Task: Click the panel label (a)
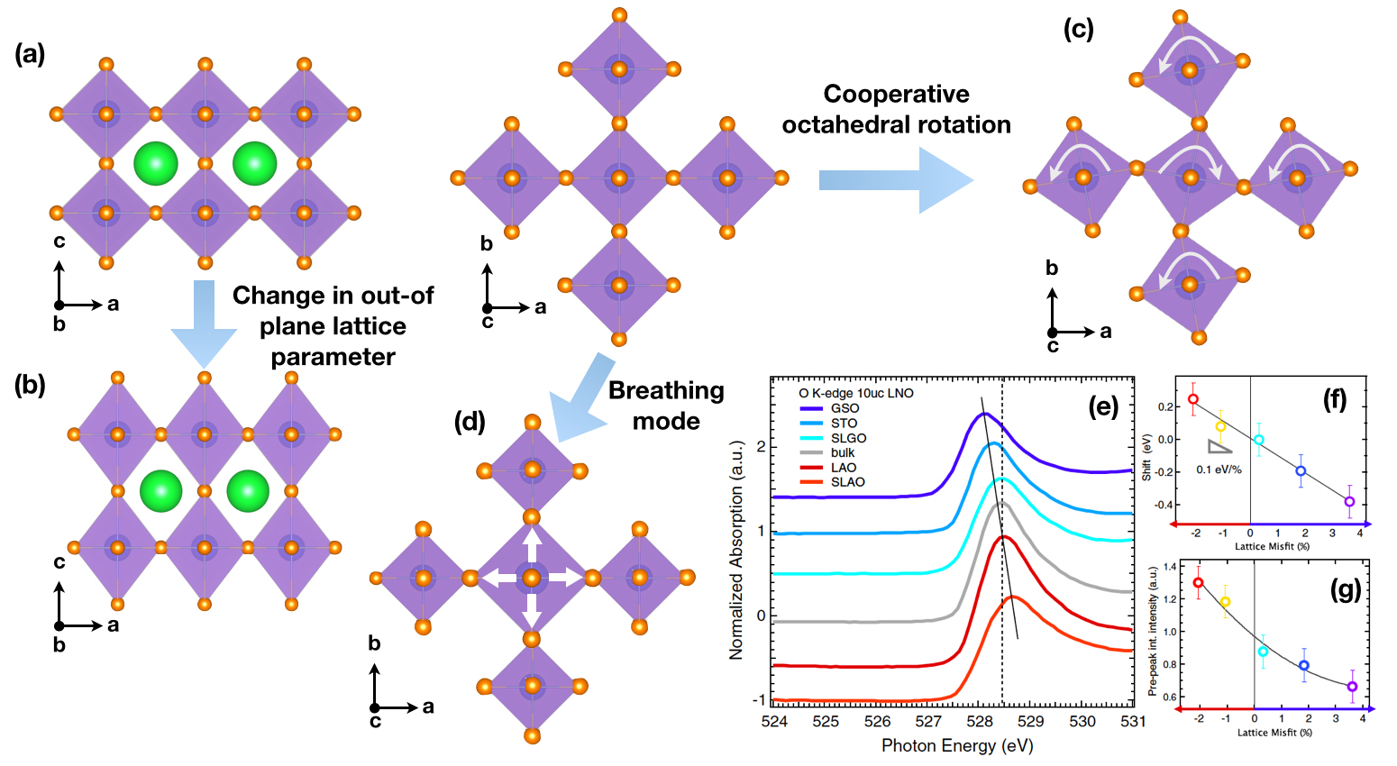(x=30, y=55)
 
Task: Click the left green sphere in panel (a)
(x=155, y=163)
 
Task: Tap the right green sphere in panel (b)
(x=248, y=491)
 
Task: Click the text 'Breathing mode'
(x=666, y=406)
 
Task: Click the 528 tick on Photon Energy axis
(x=980, y=721)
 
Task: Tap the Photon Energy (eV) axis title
(x=957, y=745)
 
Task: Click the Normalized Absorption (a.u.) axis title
(x=736, y=550)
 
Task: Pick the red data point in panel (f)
(x=1193, y=399)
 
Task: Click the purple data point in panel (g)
(x=1352, y=687)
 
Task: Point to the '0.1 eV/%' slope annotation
(x=1219, y=470)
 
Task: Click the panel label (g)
(x=1345, y=589)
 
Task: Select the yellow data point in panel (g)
(x=1225, y=602)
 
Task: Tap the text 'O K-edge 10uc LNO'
(x=856, y=393)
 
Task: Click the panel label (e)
(x=1103, y=406)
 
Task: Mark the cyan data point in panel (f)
(x=1259, y=440)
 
